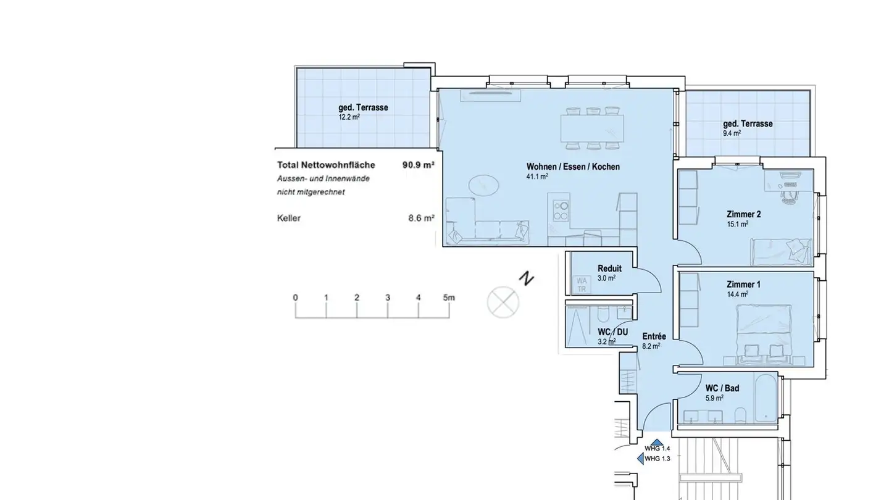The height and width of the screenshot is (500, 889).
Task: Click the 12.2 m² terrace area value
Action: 349,117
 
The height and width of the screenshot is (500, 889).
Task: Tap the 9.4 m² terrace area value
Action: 731,133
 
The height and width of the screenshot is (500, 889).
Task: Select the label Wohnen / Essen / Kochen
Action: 573,167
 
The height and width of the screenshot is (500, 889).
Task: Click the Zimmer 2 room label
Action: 743,215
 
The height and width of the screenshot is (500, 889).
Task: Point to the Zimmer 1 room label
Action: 743,285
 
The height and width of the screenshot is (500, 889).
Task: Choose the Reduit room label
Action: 609,269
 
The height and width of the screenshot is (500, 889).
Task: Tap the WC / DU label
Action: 613,332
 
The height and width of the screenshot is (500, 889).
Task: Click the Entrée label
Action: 654,336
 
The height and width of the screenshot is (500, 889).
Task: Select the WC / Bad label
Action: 722,388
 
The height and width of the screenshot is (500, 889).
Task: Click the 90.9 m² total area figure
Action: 419,165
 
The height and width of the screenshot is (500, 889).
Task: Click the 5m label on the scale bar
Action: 449,298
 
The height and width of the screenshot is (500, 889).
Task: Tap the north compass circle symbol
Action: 503,302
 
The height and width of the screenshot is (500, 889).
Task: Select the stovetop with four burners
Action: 561,211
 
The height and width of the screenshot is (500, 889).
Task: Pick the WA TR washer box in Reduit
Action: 581,285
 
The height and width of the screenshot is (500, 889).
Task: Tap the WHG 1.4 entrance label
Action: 657,449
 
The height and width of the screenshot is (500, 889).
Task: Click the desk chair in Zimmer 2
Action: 789,194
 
